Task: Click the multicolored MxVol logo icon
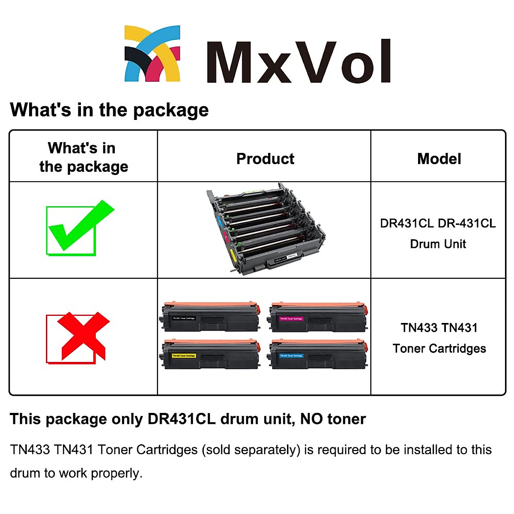coord(152,54)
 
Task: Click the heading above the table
coord(109,110)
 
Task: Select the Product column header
coord(265,158)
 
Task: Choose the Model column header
coord(439,158)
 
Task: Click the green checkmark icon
coord(79,227)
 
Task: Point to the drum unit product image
coord(265,229)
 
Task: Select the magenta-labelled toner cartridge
coord(318,317)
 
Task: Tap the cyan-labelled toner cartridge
coord(318,354)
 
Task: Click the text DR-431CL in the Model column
coord(466,223)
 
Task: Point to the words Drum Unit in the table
coord(438,244)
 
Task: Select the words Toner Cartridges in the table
coord(439,348)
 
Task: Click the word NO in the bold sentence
coord(311,418)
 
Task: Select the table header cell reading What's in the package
coord(84,157)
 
